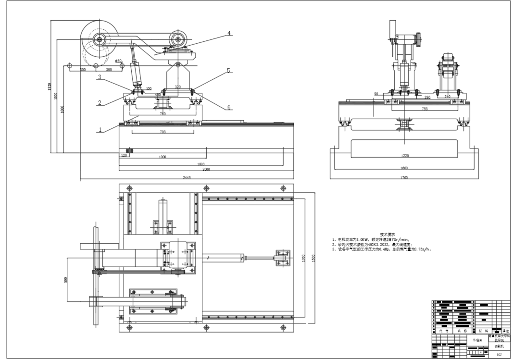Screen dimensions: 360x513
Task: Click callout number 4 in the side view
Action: tap(229, 34)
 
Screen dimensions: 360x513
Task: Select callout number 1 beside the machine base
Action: tap(100, 129)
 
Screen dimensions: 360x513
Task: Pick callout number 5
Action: tap(229, 70)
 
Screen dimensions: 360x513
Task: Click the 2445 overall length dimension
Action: tap(187, 178)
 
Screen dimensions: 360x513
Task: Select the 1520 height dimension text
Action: tap(50, 87)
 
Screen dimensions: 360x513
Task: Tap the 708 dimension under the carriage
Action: tap(163, 132)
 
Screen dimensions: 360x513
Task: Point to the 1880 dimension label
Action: tap(200, 164)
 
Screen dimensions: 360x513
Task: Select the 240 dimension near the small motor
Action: tap(447, 97)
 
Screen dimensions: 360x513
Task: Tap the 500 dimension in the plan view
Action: tap(66, 279)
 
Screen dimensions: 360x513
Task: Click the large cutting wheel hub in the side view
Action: tap(100, 39)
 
